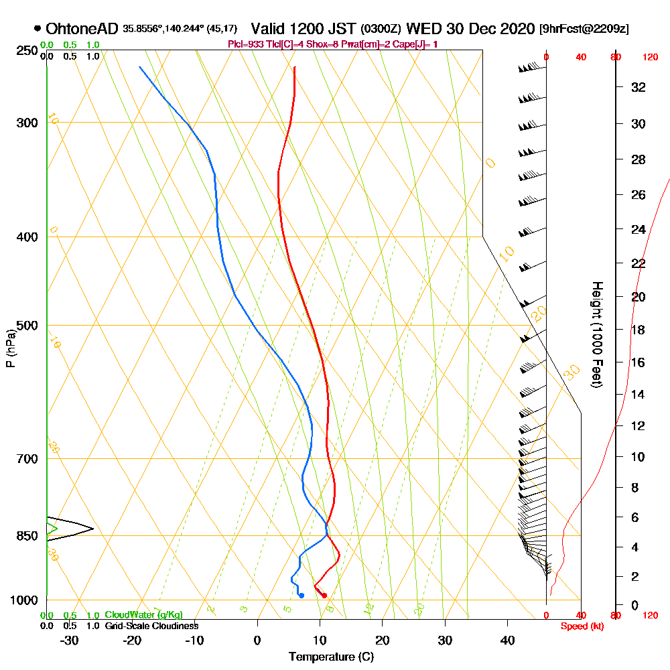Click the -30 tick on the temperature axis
point(70,640)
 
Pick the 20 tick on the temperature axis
point(383,640)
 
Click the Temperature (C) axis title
point(331,657)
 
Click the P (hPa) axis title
point(10,348)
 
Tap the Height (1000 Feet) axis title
point(596,334)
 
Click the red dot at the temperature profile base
point(324,595)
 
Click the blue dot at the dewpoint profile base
point(301,595)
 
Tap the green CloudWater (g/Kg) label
point(143,615)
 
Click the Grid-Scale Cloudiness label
point(151,626)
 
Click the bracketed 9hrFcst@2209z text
point(584,29)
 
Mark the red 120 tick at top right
point(649,58)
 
